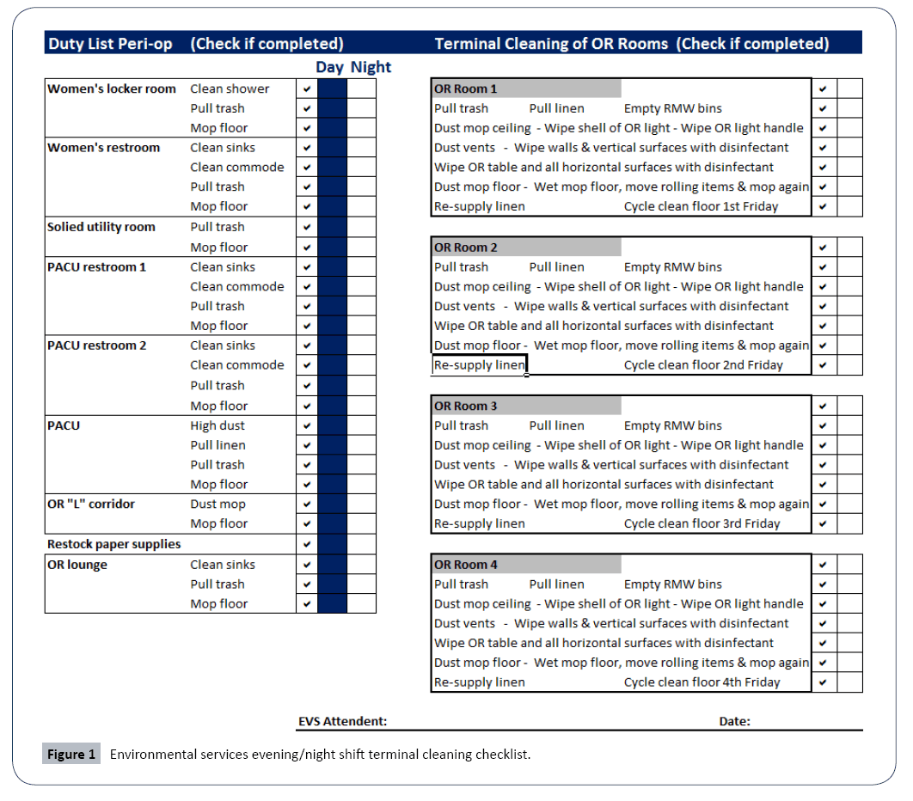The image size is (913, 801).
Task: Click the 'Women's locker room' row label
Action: (112, 89)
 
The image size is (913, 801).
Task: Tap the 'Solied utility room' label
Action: (101, 227)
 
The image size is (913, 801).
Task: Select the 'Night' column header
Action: (371, 67)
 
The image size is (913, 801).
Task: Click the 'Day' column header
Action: (329, 67)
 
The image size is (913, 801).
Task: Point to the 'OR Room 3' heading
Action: (465, 406)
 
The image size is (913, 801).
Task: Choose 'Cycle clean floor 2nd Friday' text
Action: (703, 365)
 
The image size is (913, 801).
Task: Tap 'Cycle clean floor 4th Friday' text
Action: (702, 682)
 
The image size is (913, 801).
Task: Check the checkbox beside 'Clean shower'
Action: (307, 89)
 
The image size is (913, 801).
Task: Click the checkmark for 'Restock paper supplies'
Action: (307, 544)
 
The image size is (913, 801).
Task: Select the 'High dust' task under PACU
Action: (218, 425)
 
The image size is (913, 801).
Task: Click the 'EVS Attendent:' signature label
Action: (342, 721)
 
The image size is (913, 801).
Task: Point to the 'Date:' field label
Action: (734, 721)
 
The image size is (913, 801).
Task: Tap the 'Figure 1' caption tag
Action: (71, 755)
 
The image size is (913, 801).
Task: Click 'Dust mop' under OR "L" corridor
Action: (218, 504)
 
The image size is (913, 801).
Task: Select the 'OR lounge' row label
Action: (77, 565)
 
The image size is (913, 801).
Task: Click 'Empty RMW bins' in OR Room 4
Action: (672, 584)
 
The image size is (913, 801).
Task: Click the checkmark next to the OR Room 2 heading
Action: (823, 248)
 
